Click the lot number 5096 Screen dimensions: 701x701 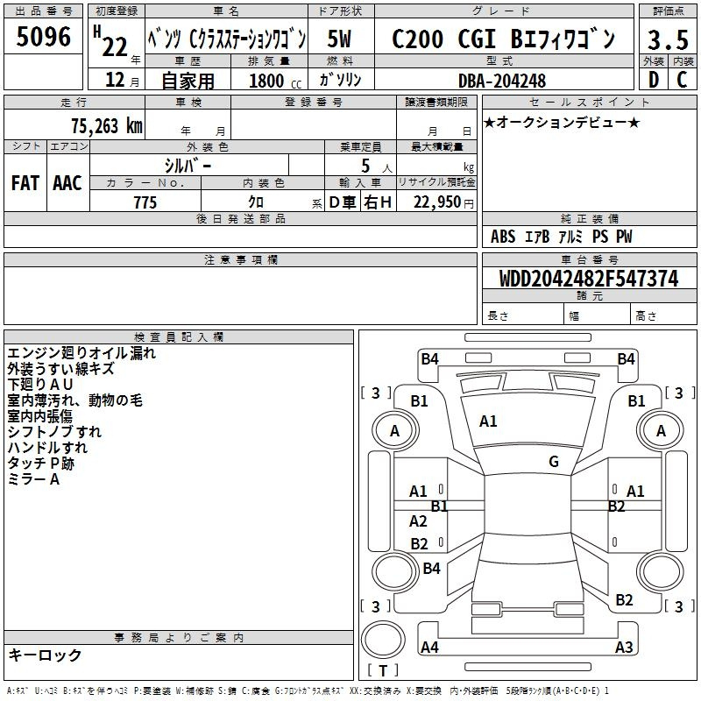click(x=43, y=37)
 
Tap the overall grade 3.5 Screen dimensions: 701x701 click(x=668, y=39)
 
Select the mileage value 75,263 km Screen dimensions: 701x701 click(x=107, y=125)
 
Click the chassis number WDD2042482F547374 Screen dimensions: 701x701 click(x=589, y=278)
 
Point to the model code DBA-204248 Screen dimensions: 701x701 click(x=502, y=81)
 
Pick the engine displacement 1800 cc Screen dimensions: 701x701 click(x=275, y=81)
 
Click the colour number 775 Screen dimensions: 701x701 click(x=145, y=202)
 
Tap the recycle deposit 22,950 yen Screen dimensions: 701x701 click(x=443, y=202)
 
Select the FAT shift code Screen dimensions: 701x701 click(x=25, y=183)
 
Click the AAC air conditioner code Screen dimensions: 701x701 click(x=67, y=183)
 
